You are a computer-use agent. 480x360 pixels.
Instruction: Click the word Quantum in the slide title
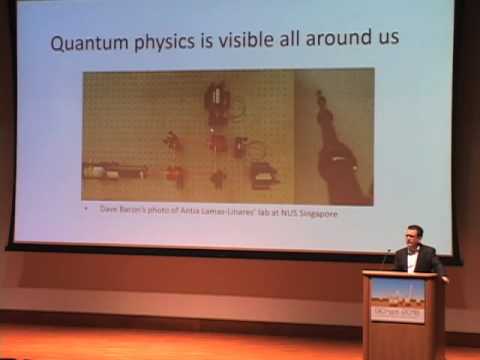click(88, 43)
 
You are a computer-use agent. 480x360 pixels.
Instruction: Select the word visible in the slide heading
click(250, 43)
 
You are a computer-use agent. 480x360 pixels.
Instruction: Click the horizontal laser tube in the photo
click(110, 171)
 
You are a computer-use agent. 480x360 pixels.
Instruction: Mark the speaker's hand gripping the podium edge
click(441, 278)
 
